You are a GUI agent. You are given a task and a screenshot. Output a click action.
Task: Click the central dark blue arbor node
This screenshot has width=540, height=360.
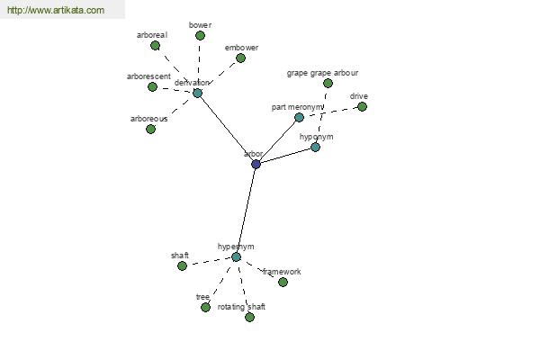(x=256, y=164)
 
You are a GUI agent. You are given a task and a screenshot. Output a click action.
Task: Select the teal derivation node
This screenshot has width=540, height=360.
(x=197, y=93)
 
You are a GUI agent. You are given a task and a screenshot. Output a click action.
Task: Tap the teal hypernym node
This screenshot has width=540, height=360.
(x=236, y=256)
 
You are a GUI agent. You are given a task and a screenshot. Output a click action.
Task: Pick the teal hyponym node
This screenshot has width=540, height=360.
(x=315, y=147)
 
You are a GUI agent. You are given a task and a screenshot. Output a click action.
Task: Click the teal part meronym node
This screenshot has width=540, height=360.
(x=299, y=117)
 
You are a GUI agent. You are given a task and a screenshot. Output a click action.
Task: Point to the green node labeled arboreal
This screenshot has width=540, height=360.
(x=155, y=45)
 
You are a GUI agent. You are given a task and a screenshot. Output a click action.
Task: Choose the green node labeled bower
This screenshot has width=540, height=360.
(x=200, y=35)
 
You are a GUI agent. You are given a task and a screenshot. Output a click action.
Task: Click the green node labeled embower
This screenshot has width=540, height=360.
(x=240, y=58)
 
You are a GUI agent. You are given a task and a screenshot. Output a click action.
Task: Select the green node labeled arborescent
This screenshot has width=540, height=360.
(x=152, y=86)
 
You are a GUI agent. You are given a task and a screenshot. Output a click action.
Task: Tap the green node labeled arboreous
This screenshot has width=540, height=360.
(x=150, y=129)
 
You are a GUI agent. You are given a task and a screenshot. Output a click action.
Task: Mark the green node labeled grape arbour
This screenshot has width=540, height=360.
(x=328, y=83)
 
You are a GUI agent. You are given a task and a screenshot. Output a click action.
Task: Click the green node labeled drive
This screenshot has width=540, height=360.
(x=362, y=106)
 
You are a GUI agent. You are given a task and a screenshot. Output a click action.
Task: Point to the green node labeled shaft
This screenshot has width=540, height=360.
(x=182, y=265)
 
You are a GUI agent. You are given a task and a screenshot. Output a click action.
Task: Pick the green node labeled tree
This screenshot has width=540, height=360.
(x=205, y=307)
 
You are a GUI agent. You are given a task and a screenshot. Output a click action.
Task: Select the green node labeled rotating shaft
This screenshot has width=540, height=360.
(x=249, y=317)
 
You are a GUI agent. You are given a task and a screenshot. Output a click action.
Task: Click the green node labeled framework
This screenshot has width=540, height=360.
(x=283, y=282)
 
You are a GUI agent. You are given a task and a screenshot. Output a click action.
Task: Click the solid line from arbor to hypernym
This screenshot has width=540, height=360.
(x=246, y=211)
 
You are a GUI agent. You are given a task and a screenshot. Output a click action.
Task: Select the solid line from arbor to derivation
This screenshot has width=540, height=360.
(x=226, y=128)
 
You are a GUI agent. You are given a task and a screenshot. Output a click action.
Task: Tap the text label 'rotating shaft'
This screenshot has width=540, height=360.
(x=241, y=307)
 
